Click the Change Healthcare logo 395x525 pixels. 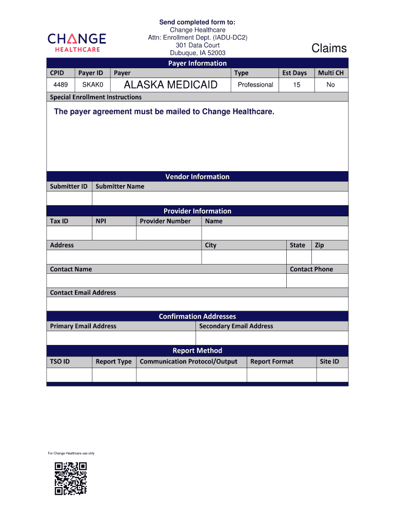[77, 42]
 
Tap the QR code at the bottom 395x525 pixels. [71, 478]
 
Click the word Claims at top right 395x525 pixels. [329, 48]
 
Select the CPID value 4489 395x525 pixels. [61, 85]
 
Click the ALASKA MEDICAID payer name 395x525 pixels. [171, 85]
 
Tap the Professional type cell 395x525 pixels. [255, 85]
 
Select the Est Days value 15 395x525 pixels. [297, 85]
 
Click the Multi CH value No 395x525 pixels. [330, 85]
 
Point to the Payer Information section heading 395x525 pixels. [197, 63]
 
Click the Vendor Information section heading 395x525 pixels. [197, 176]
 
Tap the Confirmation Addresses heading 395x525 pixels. [197, 316]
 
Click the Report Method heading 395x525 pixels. [197, 351]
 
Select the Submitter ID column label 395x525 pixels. [69, 186]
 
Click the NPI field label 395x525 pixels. [101, 221]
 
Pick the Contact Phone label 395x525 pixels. [311, 269]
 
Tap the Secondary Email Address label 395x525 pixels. [236, 326]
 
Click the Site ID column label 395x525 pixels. [329, 361]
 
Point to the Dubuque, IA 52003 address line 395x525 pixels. [197, 53]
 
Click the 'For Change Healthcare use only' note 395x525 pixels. [71, 453]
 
